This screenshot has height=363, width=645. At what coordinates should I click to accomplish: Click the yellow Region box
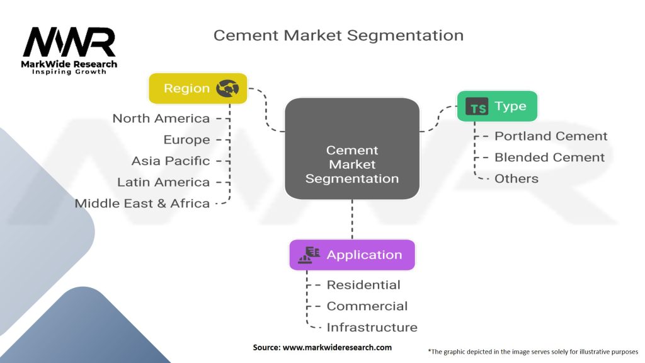point(198,88)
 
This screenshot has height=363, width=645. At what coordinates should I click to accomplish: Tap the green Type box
point(498,106)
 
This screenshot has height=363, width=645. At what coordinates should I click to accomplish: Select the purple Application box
point(352,255)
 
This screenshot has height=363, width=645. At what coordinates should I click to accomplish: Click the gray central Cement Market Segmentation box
point(352,149)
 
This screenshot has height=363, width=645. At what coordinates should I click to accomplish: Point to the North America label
point(161,118)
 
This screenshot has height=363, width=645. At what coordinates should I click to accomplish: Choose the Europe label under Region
point(186,140)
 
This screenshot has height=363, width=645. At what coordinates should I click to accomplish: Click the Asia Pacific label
point(170,161)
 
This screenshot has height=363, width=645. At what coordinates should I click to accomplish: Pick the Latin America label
point(163,182)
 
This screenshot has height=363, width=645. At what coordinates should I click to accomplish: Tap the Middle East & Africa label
point(142,204)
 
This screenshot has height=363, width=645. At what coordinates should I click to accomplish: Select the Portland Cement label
point(551,136)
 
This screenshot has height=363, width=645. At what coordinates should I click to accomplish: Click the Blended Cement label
point(549,157)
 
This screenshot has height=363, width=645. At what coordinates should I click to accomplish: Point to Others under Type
point(517,178)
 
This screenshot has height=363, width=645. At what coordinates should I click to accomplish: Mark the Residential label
point(363,285)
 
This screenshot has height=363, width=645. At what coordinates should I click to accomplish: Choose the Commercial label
point(367,306)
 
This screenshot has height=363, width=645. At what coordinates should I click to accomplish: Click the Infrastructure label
point(372,327)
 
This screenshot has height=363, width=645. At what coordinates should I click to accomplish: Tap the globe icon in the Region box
point(227,88)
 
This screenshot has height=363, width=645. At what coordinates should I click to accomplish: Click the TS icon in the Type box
point(477,106)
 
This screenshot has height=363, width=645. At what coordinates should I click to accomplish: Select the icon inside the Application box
point(309,255)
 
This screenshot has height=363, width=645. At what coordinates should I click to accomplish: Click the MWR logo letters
point(69,42)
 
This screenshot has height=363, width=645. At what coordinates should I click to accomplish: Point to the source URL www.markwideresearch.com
point(337,347)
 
